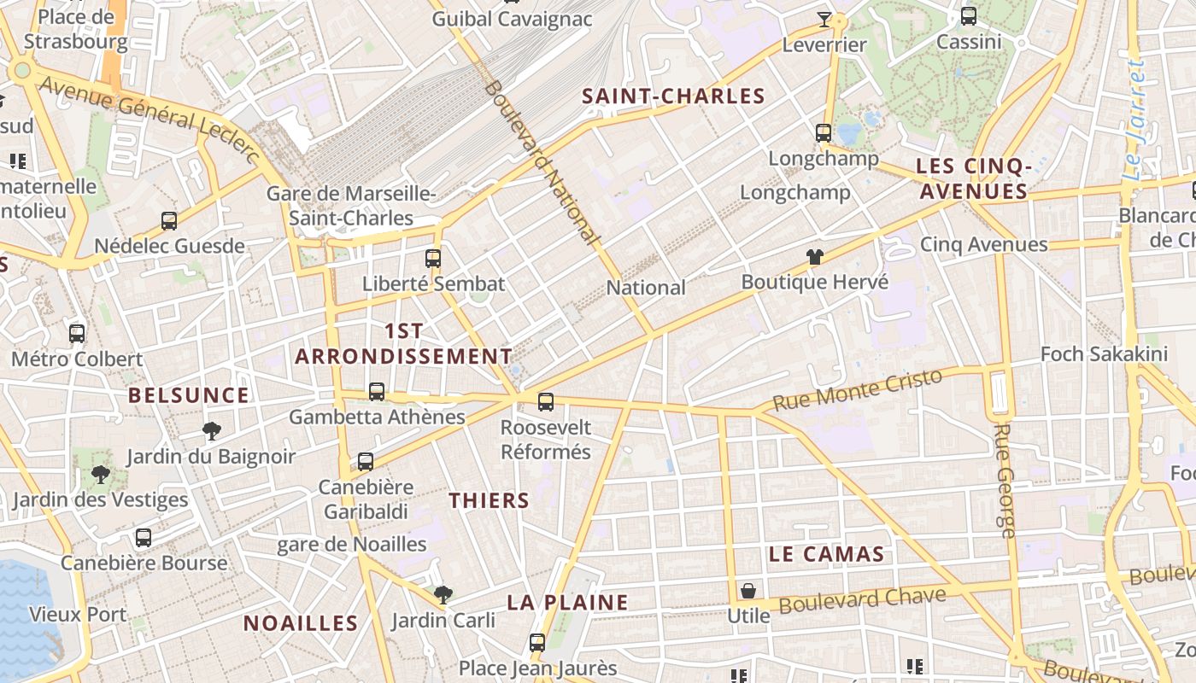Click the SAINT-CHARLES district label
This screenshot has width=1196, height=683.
[673, 96]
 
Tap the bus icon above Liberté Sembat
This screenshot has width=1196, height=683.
[433, 258]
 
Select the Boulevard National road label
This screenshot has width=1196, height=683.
[542, 162]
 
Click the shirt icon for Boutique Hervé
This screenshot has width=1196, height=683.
[814, 256]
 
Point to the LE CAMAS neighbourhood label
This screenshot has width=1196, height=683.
[825, 554]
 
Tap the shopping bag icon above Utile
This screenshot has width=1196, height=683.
[748, 591]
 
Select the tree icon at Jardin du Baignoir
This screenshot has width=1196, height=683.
[211, 431]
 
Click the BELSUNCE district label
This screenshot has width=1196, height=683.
[188, 395]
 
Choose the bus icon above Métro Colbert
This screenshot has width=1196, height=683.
[77, 334]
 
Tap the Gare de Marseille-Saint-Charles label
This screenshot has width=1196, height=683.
[351, 206]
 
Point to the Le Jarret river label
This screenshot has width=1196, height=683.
[1134, 120]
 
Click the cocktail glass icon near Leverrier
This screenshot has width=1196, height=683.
[824, 19]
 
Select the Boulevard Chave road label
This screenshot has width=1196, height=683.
[863, 599]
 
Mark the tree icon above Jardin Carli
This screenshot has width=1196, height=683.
[443, 594]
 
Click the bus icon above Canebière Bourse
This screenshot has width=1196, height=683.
[144, 538]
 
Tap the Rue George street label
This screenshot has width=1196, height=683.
[1005, 480]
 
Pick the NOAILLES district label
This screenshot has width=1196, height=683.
[300, 623]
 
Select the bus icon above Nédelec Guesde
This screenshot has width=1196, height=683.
[169, 221]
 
